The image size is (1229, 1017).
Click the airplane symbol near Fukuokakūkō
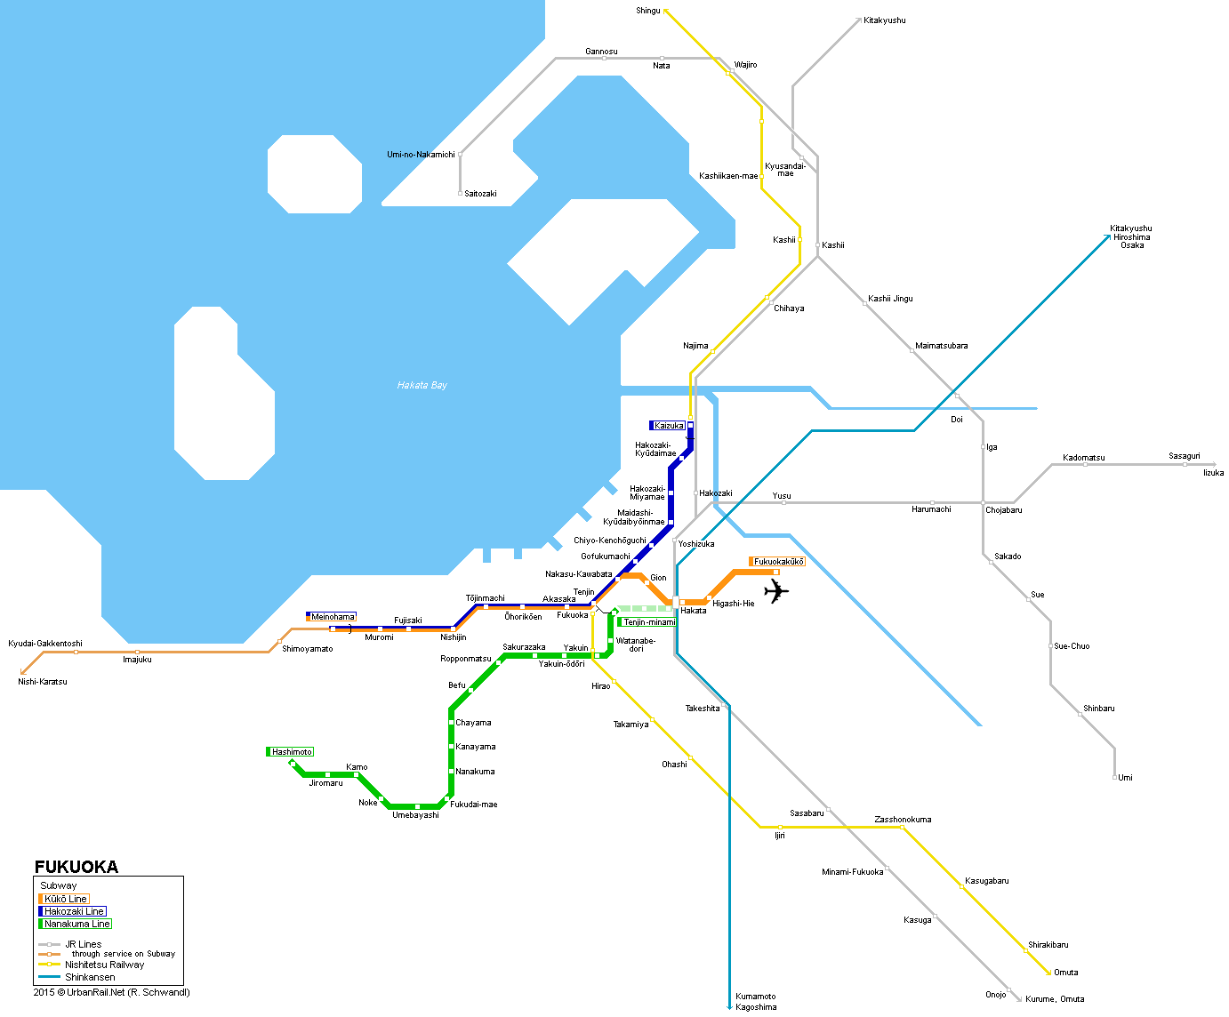click(776, 591)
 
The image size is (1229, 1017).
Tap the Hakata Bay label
click(422, 385)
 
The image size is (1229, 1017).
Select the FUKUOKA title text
click(76, 867)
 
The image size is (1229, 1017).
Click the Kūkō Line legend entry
click(65, 899)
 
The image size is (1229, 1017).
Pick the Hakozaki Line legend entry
click(73, 911)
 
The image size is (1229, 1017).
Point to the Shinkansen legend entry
click(89, 977)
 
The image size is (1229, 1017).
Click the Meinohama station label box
click(332, 617)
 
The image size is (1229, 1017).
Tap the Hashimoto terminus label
click(291, 752)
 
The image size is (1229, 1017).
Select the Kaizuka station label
click(668, 426)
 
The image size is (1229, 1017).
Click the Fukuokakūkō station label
click(778, 562)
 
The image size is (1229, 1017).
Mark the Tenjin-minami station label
click(647, 622)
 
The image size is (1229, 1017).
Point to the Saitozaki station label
click(480, 194)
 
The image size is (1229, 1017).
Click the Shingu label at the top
click(648, 11)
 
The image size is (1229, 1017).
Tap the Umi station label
click(1125, 778)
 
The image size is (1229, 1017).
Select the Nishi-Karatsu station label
click(43, 682)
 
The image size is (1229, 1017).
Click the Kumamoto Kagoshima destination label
click(756, 1002)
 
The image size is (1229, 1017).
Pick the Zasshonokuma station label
click(903, 820)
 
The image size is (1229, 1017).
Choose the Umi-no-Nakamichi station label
click(421, 155)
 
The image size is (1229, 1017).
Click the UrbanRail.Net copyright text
click(112, 992)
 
